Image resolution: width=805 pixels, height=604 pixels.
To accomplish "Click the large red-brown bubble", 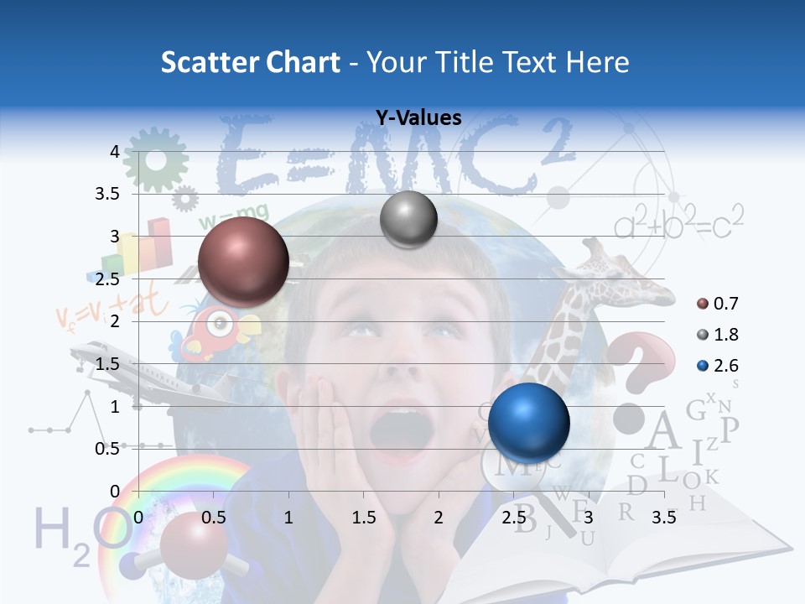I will coord(243,263).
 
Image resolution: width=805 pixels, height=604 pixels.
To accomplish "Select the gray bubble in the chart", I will coord(408,220).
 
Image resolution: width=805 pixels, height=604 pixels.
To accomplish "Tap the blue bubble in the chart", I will coord(529,423).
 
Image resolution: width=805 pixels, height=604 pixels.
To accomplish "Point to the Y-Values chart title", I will coord(418,118).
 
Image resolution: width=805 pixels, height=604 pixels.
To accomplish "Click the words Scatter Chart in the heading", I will coord(250,62).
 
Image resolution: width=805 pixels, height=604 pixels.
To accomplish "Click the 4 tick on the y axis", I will coord(114,152).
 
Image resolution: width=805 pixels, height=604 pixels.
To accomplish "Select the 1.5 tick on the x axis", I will coord(363,518).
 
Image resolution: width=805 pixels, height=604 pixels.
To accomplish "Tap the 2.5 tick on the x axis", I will coord(513,518).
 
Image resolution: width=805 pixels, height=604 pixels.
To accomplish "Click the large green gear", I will coord(156,159).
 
